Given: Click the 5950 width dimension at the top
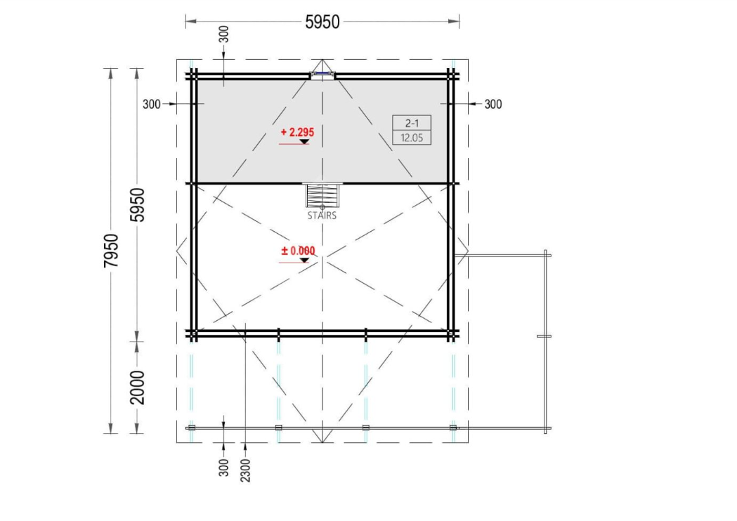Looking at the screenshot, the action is (x=322, y=22).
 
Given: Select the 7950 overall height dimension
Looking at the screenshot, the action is (x=112, y=251).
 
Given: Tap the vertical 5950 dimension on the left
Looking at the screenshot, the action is (x=138, y=205).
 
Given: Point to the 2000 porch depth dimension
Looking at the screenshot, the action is (x=138, y=388).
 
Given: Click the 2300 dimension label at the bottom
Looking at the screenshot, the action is (x=245, y=470).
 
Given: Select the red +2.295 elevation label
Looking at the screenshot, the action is (x=297, y=132).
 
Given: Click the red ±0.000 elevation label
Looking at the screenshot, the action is (x=298, y=251).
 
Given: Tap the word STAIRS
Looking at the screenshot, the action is (x=322, y=216).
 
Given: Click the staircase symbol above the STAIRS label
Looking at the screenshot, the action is (x=322, y=195).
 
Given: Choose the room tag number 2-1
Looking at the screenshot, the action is (x=412, y=123).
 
